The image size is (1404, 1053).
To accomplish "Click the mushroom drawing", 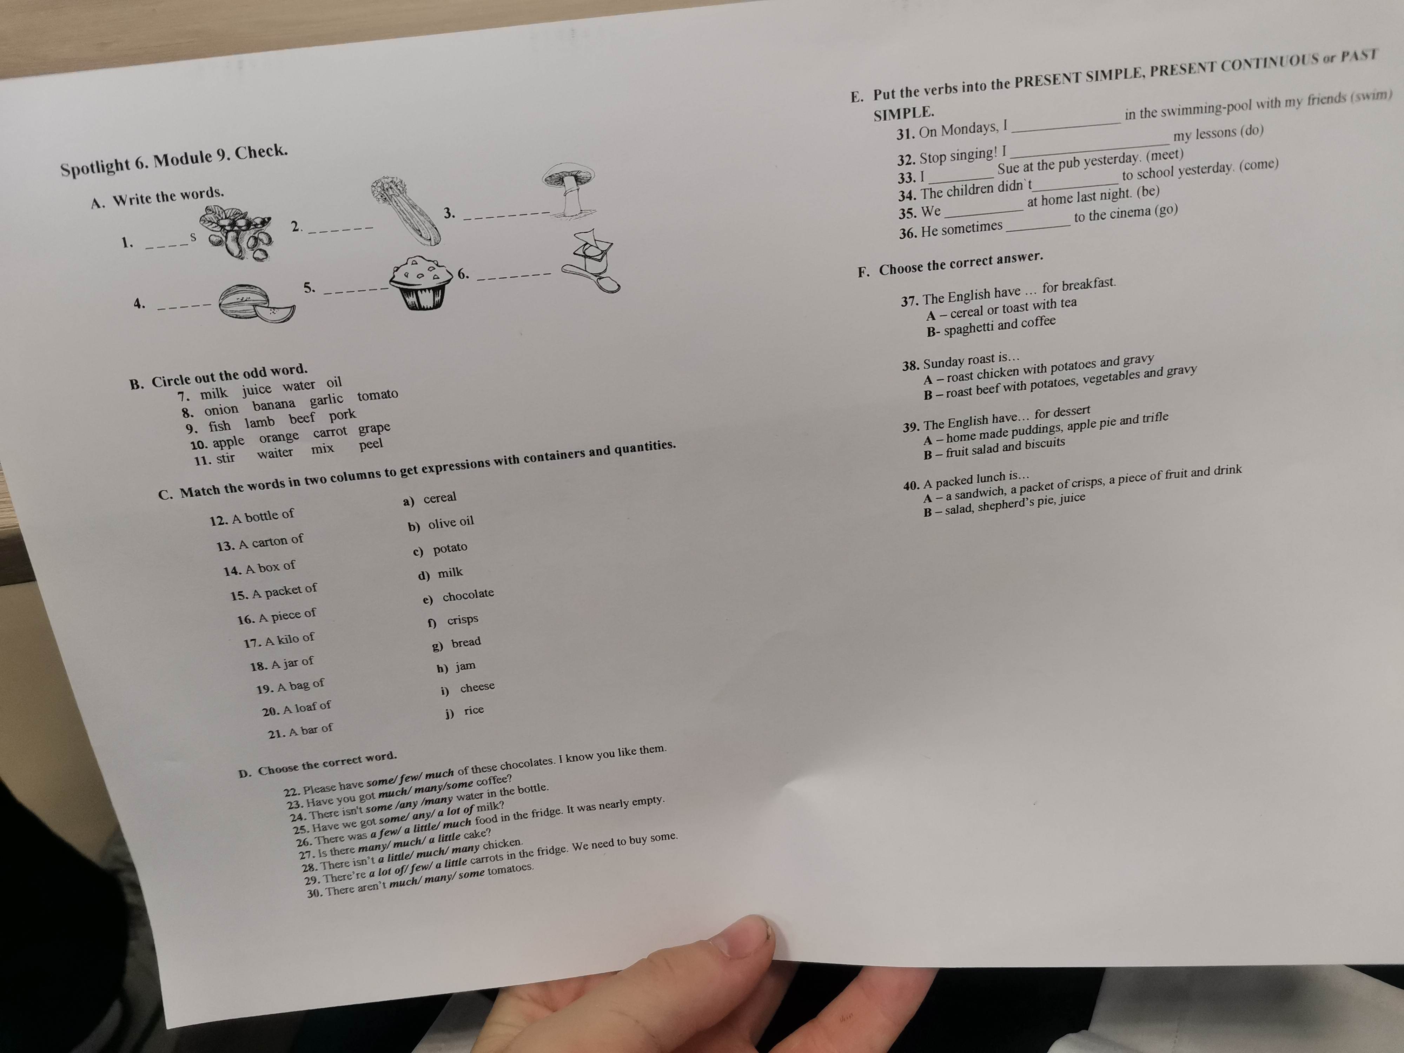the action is tap(570, 189).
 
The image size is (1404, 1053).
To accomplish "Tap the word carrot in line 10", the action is tap(330, 433).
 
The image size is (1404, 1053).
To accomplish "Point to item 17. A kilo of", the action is tap(279, 640).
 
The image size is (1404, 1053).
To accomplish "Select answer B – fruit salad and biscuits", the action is tap(994, 448).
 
